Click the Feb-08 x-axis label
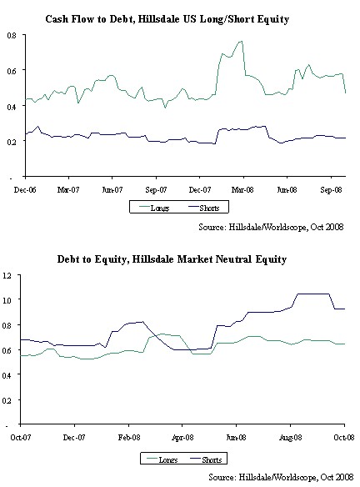129,435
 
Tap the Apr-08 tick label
182,435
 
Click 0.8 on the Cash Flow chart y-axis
11,35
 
